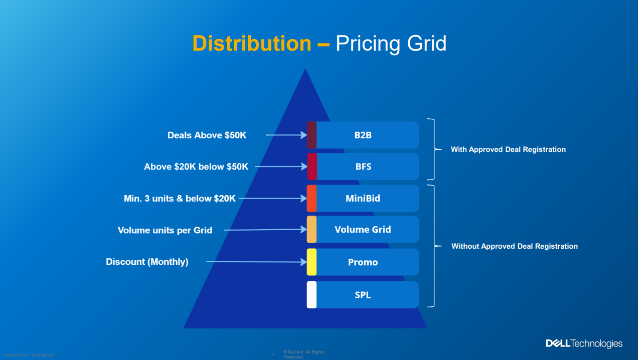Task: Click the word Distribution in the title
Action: tap(251, 44)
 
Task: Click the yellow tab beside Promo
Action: tap(311, 262)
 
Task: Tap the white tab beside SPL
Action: tap(311, 295)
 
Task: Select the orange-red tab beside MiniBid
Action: tap(311, 199)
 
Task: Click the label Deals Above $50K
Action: tap(207, 135)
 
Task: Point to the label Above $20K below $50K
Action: tap(196, 167)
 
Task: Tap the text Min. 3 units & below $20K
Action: tap(180, 199)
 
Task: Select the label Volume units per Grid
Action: tap(165, 231)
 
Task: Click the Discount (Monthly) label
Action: tap(147, 262)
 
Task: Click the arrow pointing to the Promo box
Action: tap(256, 262)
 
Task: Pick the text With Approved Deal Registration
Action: tap(508, 149)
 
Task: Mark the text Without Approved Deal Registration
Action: tap(515, 246)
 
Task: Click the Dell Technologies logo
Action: tap(584, 343)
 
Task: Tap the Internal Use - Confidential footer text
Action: tap(30, 355)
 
